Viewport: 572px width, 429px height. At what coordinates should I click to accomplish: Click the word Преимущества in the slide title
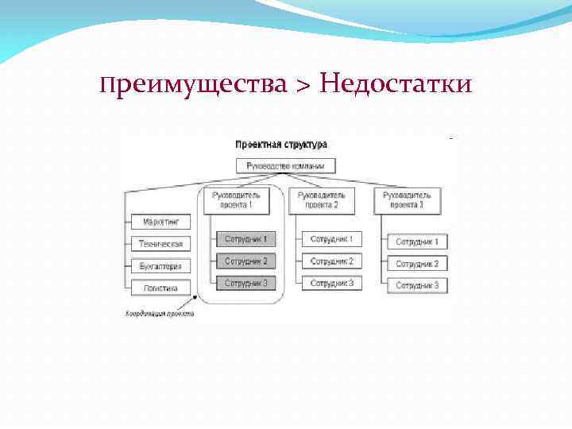194,83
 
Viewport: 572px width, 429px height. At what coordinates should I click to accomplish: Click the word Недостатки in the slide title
396,83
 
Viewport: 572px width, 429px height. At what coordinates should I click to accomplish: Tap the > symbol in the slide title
304,84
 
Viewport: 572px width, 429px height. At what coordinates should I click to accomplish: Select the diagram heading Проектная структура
280,145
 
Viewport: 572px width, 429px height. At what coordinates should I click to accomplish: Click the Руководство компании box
286,166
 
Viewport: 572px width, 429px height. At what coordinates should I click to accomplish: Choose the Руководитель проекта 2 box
322,200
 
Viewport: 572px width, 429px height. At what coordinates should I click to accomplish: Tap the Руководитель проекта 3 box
407,200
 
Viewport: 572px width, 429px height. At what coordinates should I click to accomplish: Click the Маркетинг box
160,222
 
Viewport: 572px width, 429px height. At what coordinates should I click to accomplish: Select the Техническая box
160,244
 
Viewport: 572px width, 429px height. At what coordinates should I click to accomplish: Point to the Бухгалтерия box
160,266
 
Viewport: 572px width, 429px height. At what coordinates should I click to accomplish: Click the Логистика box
160,288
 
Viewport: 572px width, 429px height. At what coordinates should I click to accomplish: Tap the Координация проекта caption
159,314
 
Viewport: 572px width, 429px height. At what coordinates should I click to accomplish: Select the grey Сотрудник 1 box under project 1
245,238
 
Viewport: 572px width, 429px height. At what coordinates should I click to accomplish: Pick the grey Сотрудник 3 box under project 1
245,283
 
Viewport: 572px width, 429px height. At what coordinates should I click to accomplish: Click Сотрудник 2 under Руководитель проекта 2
331,261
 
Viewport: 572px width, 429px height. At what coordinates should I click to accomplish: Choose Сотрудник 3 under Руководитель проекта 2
331,283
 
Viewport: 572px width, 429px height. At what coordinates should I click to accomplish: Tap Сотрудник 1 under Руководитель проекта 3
417,242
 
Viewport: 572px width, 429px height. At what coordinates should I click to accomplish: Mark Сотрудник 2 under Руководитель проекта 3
417,263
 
